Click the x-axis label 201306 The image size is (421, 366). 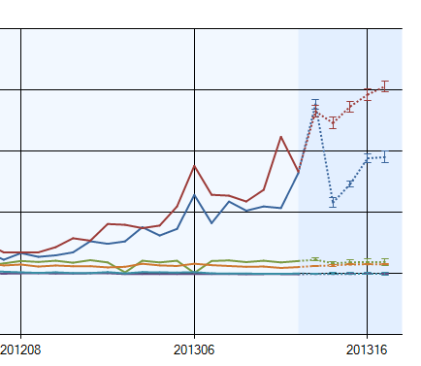(x=195, y=348)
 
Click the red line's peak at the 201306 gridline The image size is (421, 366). (x=195, y=165)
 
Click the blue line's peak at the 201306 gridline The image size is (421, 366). (x=195, y=195)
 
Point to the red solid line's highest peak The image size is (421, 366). (x=280, y=136)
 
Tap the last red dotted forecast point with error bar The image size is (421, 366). (x=385, y=86)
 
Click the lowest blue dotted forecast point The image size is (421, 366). (x=333, y=202)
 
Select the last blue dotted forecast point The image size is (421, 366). (x=385, y=156)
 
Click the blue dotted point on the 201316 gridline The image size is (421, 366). (x=368, y=157)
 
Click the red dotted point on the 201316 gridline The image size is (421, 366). (x=368, y=94)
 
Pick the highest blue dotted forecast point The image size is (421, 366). (x=315, y=107)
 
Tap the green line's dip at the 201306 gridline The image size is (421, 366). (x=195, y=272)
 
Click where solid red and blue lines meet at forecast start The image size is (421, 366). (x=299, y=171)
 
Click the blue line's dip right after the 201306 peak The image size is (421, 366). (x=212, y=223)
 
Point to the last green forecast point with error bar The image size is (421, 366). (x=385, y=261)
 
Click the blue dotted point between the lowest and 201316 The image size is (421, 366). (x=350, y=183)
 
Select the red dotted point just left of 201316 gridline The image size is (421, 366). (x=350, y=107)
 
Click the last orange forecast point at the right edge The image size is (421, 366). (x=385, y=264)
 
